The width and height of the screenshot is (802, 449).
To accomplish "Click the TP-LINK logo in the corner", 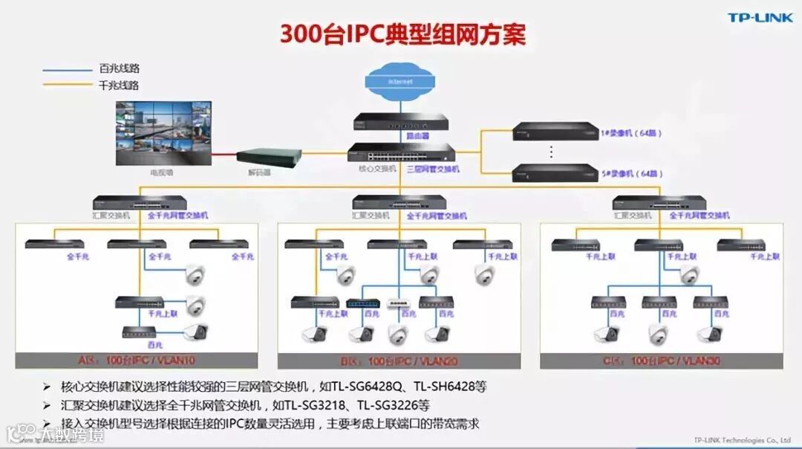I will (760, 18).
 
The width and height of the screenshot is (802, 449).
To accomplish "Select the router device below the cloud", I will (400, 121).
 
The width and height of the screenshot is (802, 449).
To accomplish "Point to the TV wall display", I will (163, 134).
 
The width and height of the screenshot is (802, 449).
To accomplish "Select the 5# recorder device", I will (555, 172).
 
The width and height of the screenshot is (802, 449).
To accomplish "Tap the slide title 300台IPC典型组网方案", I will (403, 34).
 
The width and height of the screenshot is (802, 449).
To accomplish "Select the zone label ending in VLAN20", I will (399, 361).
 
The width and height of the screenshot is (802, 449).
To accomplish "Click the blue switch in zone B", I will (363, 303).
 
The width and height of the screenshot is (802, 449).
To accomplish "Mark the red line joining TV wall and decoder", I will (224, 155).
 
